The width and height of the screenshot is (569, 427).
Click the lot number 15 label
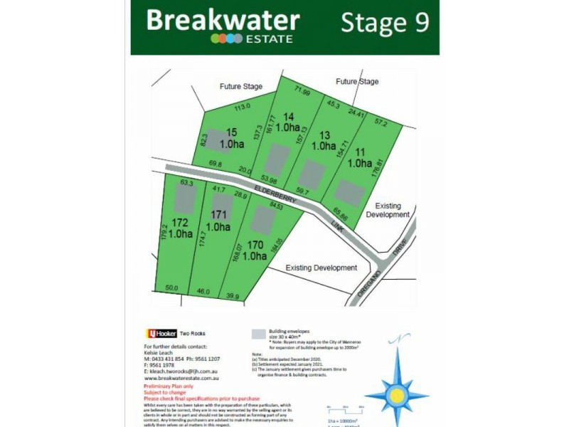(231, 132)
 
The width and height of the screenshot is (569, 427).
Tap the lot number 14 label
(288, 116)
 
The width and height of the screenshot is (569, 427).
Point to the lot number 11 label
(359, 152)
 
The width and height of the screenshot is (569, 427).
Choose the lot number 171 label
(220, 215)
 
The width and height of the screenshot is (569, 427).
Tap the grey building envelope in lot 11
(349, 192)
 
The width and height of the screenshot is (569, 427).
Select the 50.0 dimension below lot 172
(171, 288)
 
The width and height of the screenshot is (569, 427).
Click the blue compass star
(396, 394)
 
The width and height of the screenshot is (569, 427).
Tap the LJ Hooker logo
(161, 333)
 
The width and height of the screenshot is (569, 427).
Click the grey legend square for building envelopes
(258, 332)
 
